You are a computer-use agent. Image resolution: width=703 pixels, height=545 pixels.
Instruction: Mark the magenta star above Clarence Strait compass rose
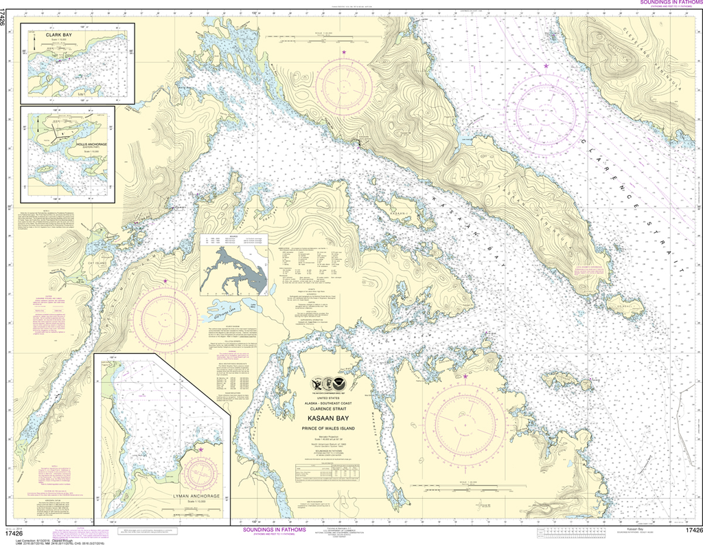(546, 65)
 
